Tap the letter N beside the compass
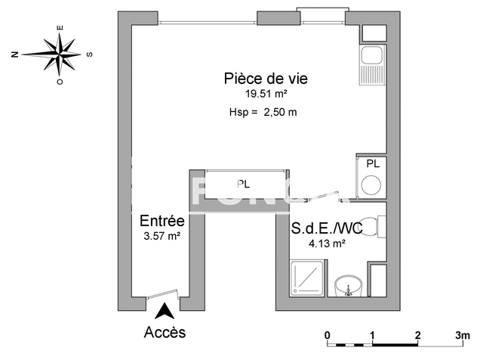click(15, 54)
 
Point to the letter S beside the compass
click(90, 54)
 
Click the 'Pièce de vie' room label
click(266, 78)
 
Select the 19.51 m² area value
click(266, 94)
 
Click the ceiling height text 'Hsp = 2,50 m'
click(263, 113)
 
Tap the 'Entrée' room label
click(162, 222)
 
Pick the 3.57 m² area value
click(162, 236)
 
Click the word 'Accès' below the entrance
click(165, 332)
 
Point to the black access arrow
click(165, 310)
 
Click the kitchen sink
click(371, 56)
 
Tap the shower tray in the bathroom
click(308, 281)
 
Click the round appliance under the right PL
click(371, 185)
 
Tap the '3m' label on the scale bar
click(462, 334)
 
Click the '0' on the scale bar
click(328, 334)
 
